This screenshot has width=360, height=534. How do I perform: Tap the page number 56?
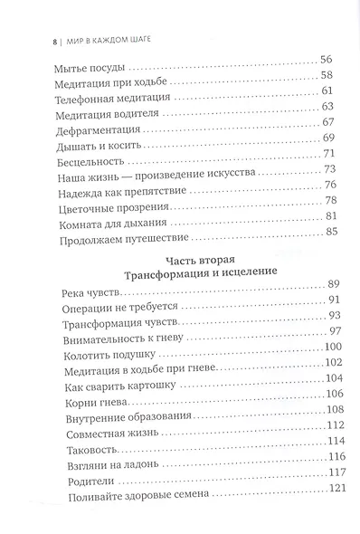click(x=328, y=60)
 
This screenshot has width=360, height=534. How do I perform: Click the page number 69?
click(x=328, y=138)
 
